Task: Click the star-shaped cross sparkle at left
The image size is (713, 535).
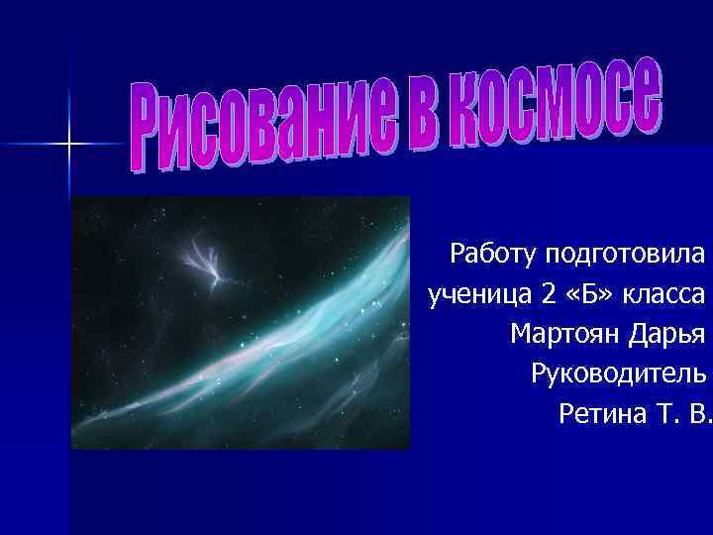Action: pos(69,145)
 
